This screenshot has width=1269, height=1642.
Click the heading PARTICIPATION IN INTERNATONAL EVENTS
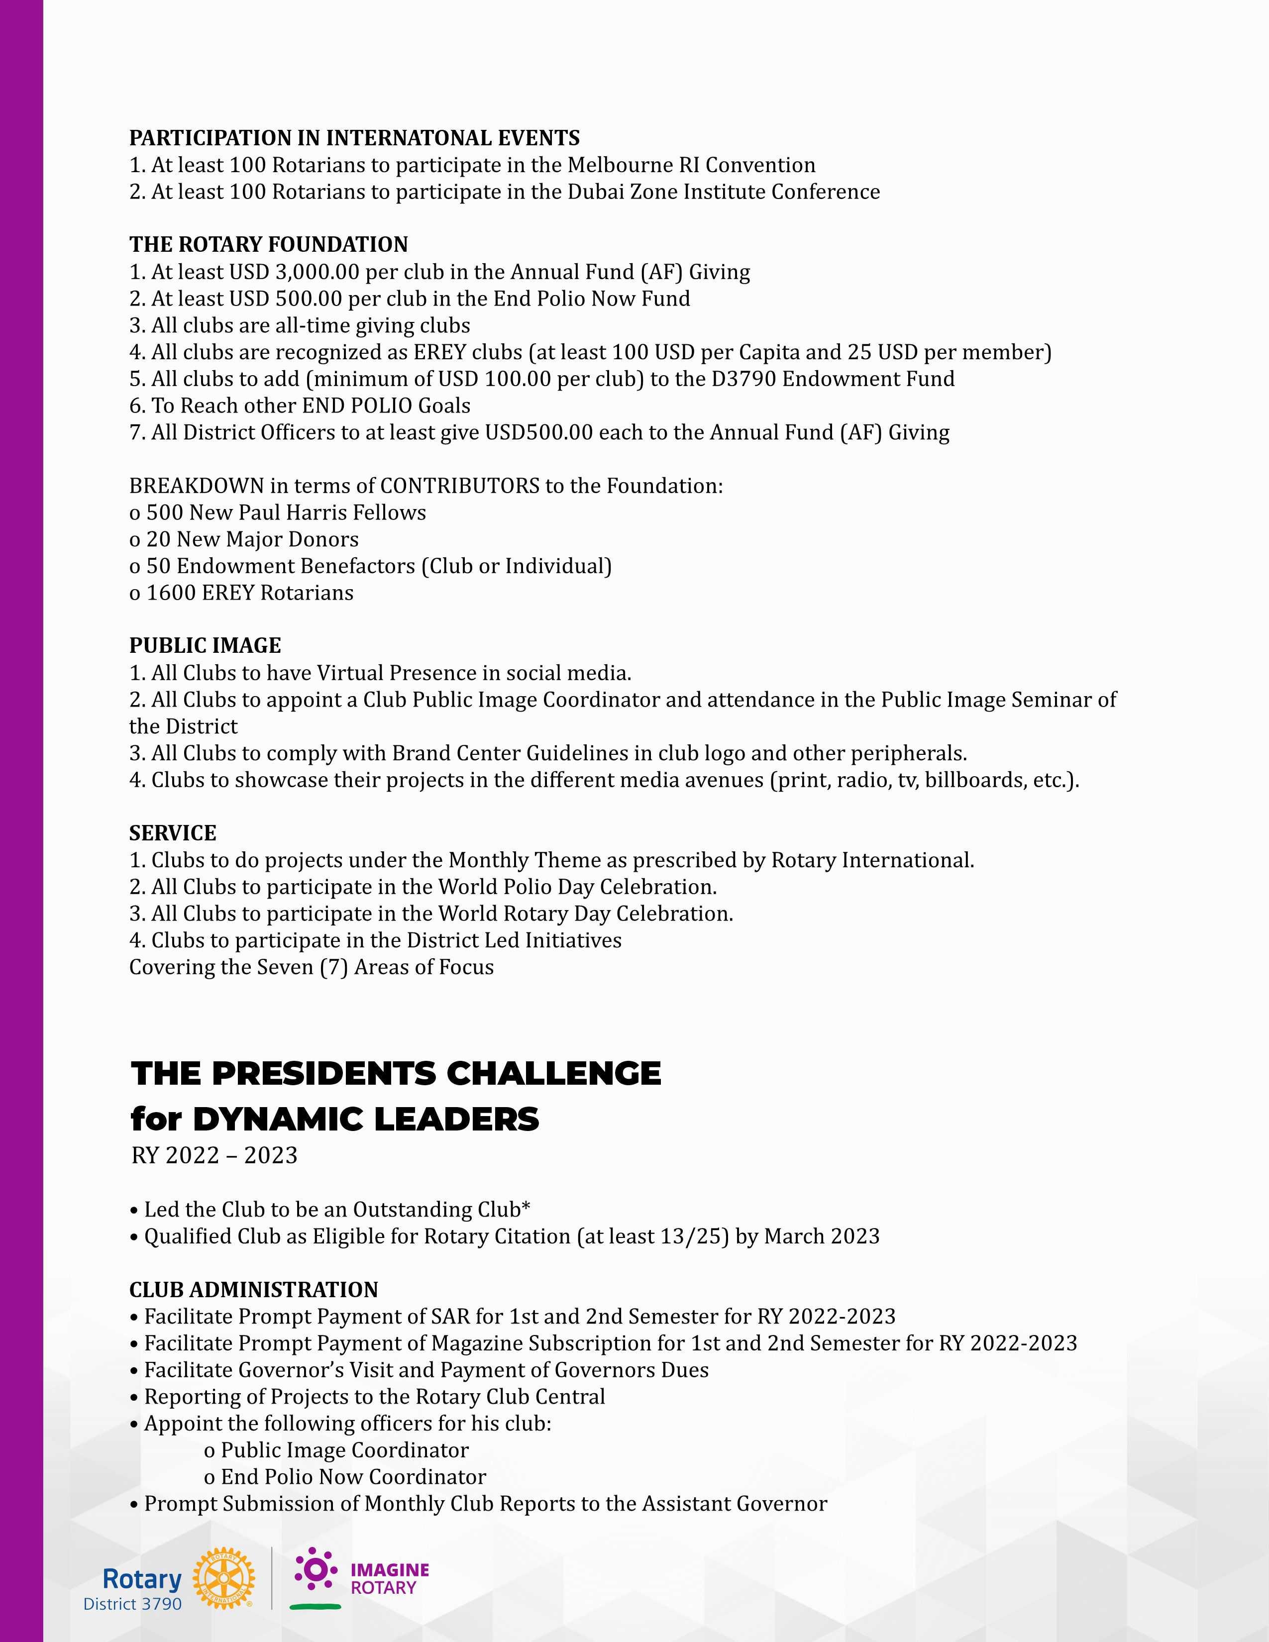coord(354,138)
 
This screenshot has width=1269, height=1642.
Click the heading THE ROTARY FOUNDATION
coord(268,245)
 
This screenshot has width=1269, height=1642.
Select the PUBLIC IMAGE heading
coord(205,646)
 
